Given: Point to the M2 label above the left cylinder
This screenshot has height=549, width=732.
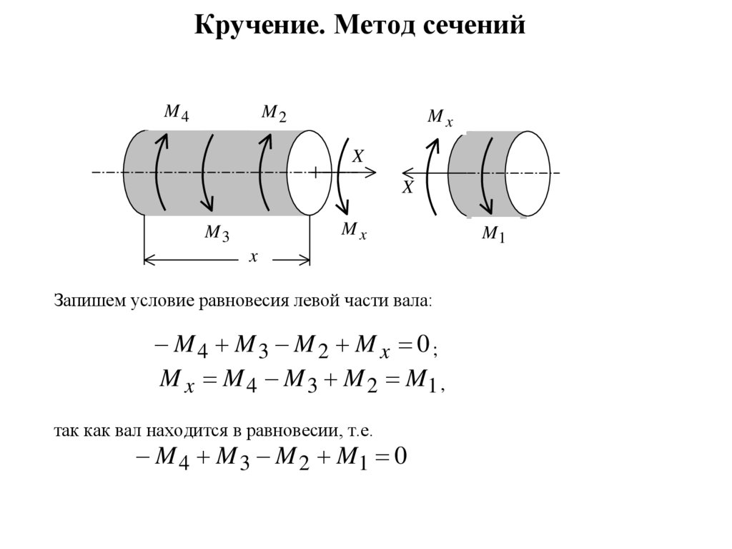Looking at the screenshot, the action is pyautogui.click(x=273, y=113).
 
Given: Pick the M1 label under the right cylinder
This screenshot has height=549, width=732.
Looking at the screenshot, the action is pyautogui.click(x=493, y=234).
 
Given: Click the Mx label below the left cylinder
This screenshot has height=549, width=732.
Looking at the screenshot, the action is pyautogui.click(x=354, y=230).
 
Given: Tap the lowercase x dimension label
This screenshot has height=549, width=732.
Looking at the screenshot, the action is pyautogui.click(x=252, y=257).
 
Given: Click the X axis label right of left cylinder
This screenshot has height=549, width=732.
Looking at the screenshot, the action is pyautogui.click(x=358, y=156).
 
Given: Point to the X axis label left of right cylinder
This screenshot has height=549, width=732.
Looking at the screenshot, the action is pyautogui.click(x=407, y=188).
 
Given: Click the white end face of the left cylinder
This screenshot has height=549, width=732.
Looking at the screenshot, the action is pyautogui.click(x=309, y=173).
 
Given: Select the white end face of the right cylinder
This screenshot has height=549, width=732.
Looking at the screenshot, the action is pyautogui.click(x=528, y=173).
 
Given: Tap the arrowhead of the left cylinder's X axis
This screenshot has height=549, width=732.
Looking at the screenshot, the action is pyautogui.click(x=371, y=172).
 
